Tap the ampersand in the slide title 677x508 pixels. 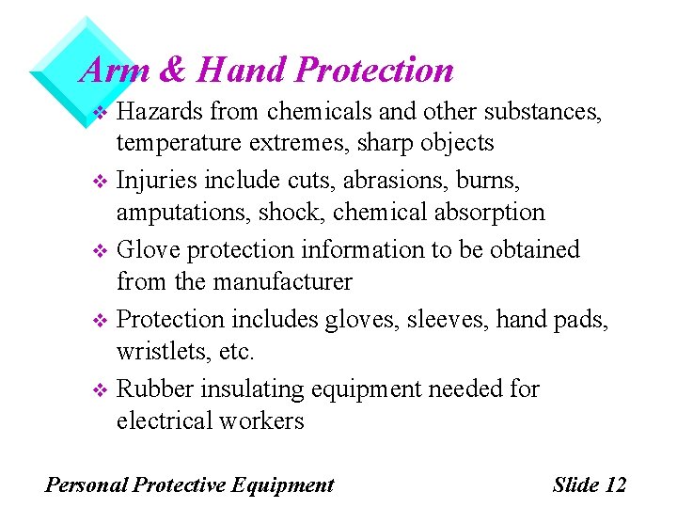175,70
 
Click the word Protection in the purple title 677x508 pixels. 374,70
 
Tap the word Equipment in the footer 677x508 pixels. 282,485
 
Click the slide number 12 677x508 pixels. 616,485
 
